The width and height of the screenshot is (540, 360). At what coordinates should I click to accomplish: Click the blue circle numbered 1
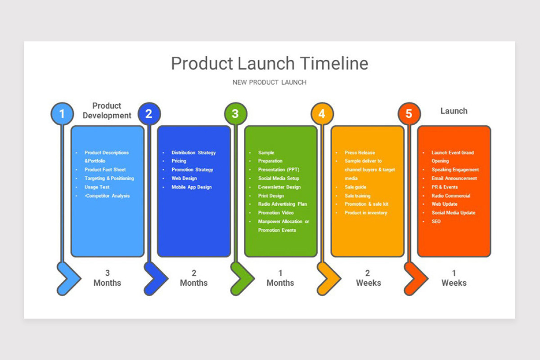[x=62, y=114]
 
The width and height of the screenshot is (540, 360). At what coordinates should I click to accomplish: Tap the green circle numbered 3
[x=235, y=114]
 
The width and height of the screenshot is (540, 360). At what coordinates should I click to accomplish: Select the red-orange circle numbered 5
[x=409, y=114]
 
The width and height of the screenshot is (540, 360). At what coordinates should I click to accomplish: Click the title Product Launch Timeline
[x=270, y=63]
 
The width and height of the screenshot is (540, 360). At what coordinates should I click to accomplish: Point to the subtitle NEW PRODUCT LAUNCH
[x=270, y=82]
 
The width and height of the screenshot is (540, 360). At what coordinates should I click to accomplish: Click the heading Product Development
[x=107, y=111]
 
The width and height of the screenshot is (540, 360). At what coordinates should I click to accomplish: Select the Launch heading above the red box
[x=454, y=111]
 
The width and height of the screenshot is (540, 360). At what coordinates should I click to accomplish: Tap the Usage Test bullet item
[x=97, y=187]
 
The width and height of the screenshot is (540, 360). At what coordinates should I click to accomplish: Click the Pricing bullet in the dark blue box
[x=179, y=161]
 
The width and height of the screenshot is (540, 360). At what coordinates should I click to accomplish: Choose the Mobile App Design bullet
[x=191, y=187]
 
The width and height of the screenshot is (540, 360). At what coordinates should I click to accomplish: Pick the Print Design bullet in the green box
[x=271, y=196]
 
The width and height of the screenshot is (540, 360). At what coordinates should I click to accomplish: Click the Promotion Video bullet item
[x=276, y=213]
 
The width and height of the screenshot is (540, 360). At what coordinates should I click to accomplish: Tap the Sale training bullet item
[x=357, y=196]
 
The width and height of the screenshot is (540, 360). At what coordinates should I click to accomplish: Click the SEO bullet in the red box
[x=436, y=221]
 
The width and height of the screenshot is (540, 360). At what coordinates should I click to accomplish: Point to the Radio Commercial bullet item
[x=451, y=196]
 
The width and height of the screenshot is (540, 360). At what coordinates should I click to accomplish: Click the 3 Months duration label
[x=107, y=278]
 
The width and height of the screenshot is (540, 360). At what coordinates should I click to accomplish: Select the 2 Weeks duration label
[x=368, y=278]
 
